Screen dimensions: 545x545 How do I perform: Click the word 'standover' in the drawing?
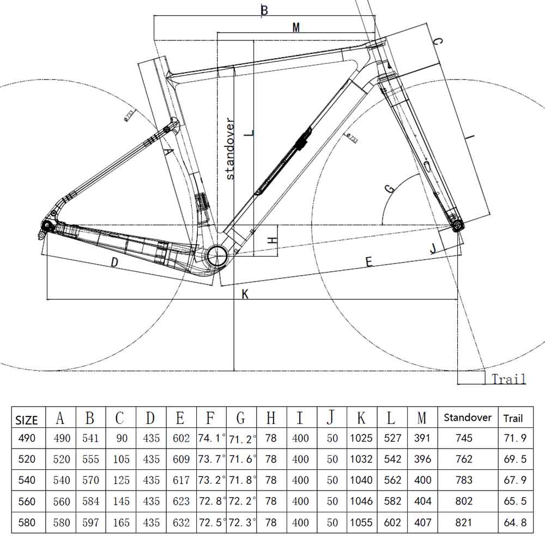click(229, 148)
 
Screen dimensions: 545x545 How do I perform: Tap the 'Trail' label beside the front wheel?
click(508, 379)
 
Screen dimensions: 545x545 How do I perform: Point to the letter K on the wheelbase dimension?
click(245, 294)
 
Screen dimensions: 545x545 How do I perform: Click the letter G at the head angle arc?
click(389, 189)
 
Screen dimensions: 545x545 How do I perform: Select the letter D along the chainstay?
click(114, 263)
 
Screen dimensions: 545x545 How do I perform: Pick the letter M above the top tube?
click(296, 27)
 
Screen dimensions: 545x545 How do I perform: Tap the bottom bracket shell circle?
click(217, 254)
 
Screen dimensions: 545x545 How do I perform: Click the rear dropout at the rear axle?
click(47, 227)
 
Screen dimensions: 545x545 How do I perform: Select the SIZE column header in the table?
click(27, 420)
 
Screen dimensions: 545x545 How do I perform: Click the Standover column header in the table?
click(468, 418)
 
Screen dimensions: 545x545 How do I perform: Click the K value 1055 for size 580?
click(361, 523)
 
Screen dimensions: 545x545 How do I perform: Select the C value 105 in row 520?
click(121, 459)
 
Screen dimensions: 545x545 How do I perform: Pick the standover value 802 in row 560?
click(464, 501)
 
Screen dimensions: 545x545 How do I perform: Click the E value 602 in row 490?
click(180, 438)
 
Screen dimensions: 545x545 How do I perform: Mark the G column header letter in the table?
click(241, 418)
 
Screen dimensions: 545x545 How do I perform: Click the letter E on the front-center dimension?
click(368, 263)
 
